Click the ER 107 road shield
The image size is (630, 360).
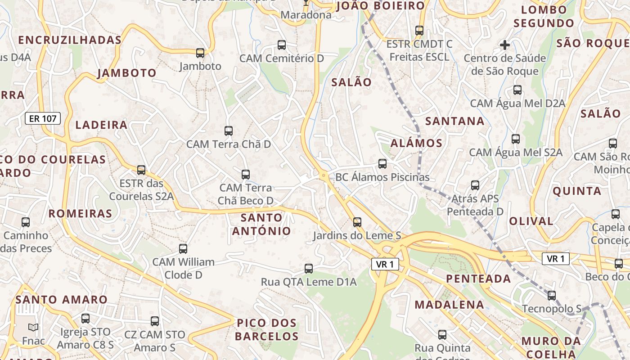43,119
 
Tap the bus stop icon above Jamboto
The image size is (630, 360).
200,53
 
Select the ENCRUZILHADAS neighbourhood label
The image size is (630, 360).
70,40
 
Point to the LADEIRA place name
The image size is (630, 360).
102,125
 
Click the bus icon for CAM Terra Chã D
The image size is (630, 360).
229,131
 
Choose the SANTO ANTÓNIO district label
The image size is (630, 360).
261,224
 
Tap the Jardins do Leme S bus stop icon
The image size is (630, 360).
357,222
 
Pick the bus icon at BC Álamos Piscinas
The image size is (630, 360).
382,164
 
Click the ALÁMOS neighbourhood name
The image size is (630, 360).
417,144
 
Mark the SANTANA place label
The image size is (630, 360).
455,121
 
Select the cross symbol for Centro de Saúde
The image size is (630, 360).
505,45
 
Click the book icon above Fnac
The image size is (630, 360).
33,327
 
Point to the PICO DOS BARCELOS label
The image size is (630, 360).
266,329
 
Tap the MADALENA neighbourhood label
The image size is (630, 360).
449,305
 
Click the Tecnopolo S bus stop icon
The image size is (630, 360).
552,296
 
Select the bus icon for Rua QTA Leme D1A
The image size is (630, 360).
309,269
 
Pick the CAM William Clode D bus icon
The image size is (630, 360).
183,249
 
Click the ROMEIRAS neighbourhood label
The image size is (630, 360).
80,214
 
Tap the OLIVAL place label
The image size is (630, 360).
531,221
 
